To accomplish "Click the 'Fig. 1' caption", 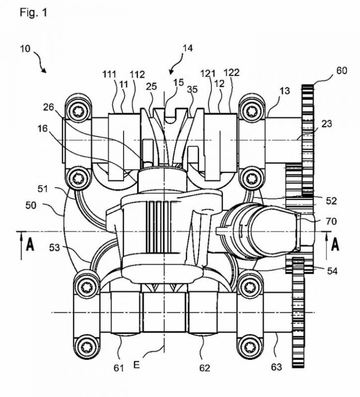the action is click(34, 12).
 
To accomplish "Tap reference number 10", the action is click(25, 49).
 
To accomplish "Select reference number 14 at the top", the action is click(187, 48).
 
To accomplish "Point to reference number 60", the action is click(341, 70).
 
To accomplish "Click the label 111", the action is click(109, 74).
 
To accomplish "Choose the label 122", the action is click(232, 73).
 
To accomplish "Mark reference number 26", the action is click(49, 107).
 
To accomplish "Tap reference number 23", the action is click(326, 124).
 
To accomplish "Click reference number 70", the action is click(331, 221).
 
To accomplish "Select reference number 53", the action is click(54, 248).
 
